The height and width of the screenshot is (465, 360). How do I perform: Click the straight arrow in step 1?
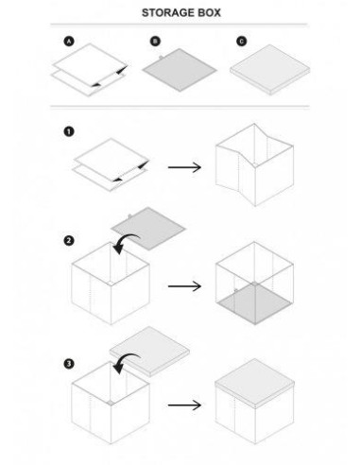[x=184, y=167]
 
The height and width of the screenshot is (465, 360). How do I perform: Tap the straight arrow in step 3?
[x=184, y=405]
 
